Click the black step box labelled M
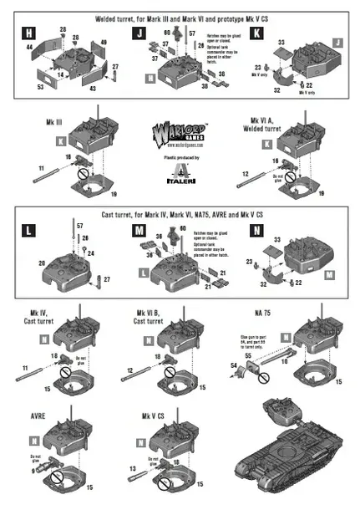(138, 229)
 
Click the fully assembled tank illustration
(292, 451)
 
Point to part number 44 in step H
(31, 50)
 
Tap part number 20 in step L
(40, 262)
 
